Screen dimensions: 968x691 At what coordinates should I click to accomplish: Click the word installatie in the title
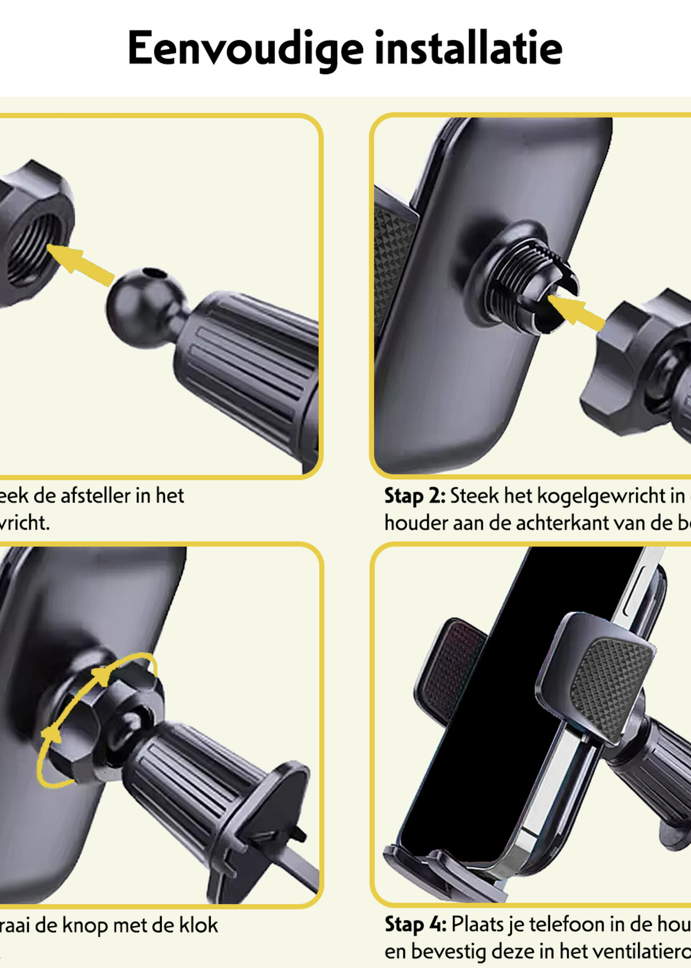tap(468, 48)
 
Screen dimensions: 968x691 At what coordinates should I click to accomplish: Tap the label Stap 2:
tap(415, 496)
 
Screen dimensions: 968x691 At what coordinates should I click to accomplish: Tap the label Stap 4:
tap(415, 924)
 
